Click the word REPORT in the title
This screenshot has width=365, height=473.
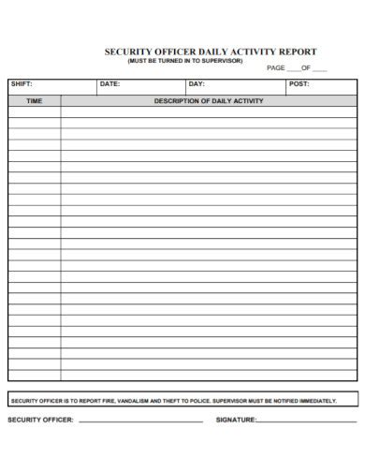click(x=297, y=52)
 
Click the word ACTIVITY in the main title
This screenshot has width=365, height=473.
click(x=250, y=52)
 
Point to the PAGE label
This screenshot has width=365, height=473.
click(x=276, y=68)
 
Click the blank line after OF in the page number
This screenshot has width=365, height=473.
click(x=319, y=69)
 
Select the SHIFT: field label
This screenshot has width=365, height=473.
click(x=21, y=84)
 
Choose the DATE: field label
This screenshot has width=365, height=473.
click(x=109, y=84)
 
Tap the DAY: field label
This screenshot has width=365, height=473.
click(x=197, y=84)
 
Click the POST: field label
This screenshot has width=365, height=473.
click(x=299, y=84)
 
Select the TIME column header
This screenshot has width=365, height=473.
click(x=35, y=100)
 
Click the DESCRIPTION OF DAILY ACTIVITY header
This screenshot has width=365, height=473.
click(x=209, y=100)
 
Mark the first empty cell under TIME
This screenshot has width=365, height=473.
click(x=35, y=111)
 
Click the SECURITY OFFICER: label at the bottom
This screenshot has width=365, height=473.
click(x=40, y=420)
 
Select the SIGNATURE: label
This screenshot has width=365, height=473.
click(x=236, y=420)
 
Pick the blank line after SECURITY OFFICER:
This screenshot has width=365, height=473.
click(x=140, y=421)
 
